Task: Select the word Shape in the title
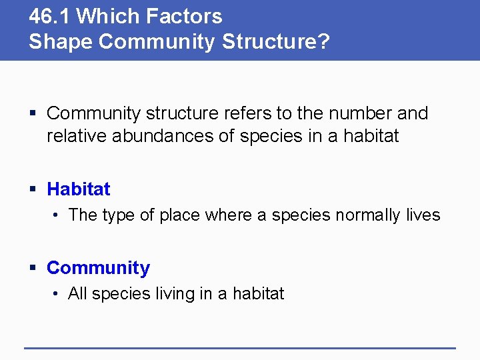point(61,41)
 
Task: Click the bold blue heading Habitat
point(79,189)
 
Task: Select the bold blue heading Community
point(98,268)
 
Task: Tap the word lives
point(424,215)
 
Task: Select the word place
point(180,215)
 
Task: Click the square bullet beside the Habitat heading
point(33,190)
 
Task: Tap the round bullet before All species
point(57,294)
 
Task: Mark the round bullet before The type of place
point(57,215)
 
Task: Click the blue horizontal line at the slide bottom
point(240,347)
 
